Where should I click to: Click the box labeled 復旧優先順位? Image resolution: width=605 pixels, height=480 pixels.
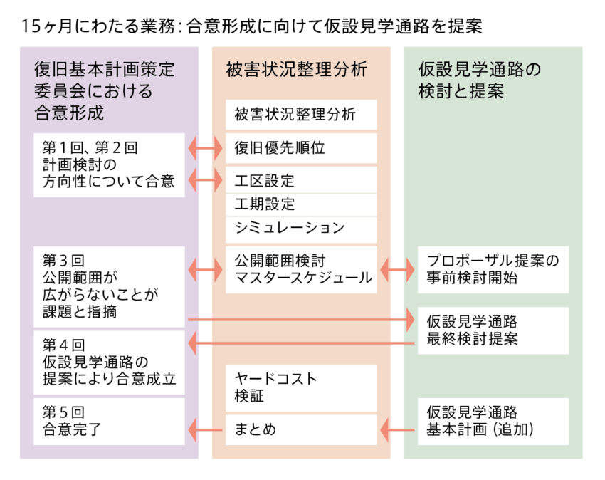[x=301, y=148]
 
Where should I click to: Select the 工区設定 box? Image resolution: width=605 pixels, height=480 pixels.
[x=301, y=180]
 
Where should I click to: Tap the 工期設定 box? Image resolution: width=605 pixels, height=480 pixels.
[x=301, y=204]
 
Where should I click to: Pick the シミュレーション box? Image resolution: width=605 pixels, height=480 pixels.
[x=301, y=229]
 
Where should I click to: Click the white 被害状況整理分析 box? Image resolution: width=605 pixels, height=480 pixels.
[x=301, y=115]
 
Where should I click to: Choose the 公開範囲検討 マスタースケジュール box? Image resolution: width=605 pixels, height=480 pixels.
[x=301, y=269]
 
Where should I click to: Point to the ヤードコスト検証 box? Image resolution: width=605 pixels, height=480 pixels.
[x=301, y=387]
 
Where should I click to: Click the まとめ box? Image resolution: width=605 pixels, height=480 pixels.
[x=301, y=430]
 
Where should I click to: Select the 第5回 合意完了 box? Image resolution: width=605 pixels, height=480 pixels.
[x=109, y=422]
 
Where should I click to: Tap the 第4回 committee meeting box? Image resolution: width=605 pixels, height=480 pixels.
[x=109, y=362]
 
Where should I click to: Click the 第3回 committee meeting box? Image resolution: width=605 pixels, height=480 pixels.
[x=109, y=286]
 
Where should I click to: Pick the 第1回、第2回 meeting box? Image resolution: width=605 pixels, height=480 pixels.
[x=109, y=165]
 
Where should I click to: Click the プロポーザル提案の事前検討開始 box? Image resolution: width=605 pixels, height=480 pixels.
[x=493, y=269]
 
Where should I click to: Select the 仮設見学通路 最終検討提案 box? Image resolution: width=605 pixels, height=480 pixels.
[x=493, y=330]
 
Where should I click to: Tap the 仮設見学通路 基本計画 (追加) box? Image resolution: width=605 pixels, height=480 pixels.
[x=493, y=422]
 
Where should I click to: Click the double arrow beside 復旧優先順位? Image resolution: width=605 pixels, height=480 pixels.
[x=205, y=148]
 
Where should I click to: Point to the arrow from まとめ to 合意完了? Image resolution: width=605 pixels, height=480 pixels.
[x=205, y=430]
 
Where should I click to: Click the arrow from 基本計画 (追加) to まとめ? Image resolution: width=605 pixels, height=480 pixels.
[x=397, y=430]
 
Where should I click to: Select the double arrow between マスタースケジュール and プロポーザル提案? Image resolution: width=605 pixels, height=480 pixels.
[x=397, y=269]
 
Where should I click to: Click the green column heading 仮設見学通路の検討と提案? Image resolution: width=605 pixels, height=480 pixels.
[x=480, y=80]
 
